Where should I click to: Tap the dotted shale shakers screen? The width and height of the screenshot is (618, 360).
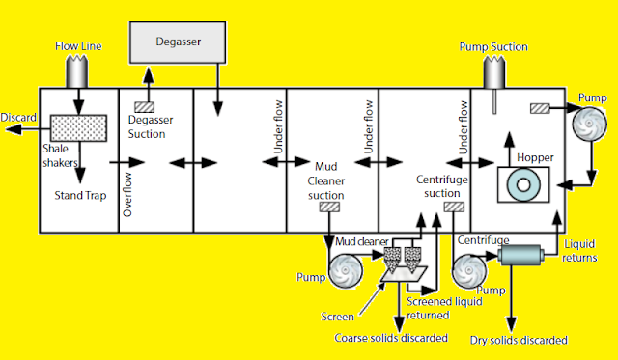point(78,127)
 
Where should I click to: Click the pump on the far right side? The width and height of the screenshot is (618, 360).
point(586,127)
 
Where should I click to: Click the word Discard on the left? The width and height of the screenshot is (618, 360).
point(18,118)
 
